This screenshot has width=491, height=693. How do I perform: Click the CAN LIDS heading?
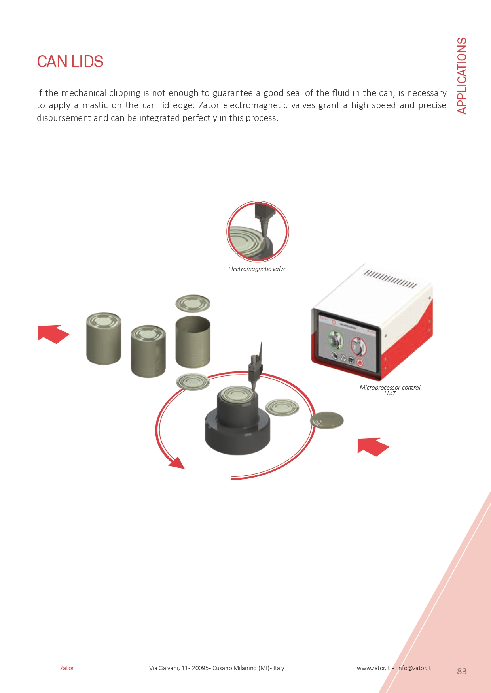[x=70, y=62]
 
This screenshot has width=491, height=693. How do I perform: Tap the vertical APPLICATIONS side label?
[x=462, y=76]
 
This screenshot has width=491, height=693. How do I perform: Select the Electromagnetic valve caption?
[x=257, y=269]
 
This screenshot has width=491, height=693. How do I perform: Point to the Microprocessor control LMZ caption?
[x=390, y=390]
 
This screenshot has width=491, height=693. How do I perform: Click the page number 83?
[x=462, y=671]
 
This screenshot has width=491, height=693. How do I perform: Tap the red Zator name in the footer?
[x=67, y=668]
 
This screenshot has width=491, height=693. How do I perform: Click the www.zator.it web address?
[x=373, y=668]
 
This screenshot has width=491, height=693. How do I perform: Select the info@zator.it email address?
[x=414, y=668]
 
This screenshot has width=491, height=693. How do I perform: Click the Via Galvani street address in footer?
[x=216, y=668]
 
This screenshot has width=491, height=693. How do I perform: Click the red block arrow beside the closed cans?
[x=53, y=334]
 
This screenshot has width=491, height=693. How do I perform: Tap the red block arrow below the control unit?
[x=373, y=447]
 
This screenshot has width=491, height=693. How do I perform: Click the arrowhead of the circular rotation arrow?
[x=177, y=463]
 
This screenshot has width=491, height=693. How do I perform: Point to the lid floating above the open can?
[x=193, y=303]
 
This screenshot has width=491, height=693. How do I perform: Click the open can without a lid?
[x=193, y=342]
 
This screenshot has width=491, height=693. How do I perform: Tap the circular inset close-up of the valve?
[x=258, y=232]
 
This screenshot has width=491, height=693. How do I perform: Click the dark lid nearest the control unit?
[x=327, y=420]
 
